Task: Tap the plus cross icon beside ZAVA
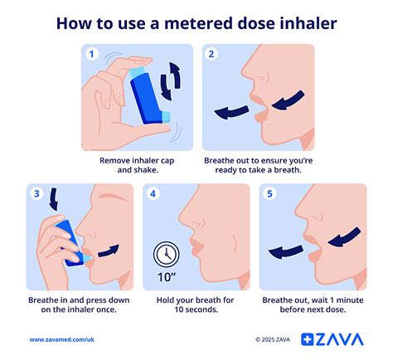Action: point(308,338)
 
